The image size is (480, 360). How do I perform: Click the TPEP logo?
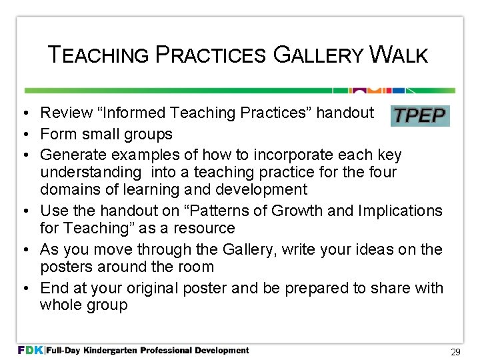(x=420, y=115)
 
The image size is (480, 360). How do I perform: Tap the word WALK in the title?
(x=399, y=55)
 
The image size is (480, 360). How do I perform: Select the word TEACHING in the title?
(x=99, y=55)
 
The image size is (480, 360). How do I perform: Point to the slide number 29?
(x=456, y=351)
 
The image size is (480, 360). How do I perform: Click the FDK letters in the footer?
(x=30, y=350)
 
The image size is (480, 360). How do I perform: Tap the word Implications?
(x=400, y=211)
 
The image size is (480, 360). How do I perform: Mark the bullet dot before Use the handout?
(x=23, y=211)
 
